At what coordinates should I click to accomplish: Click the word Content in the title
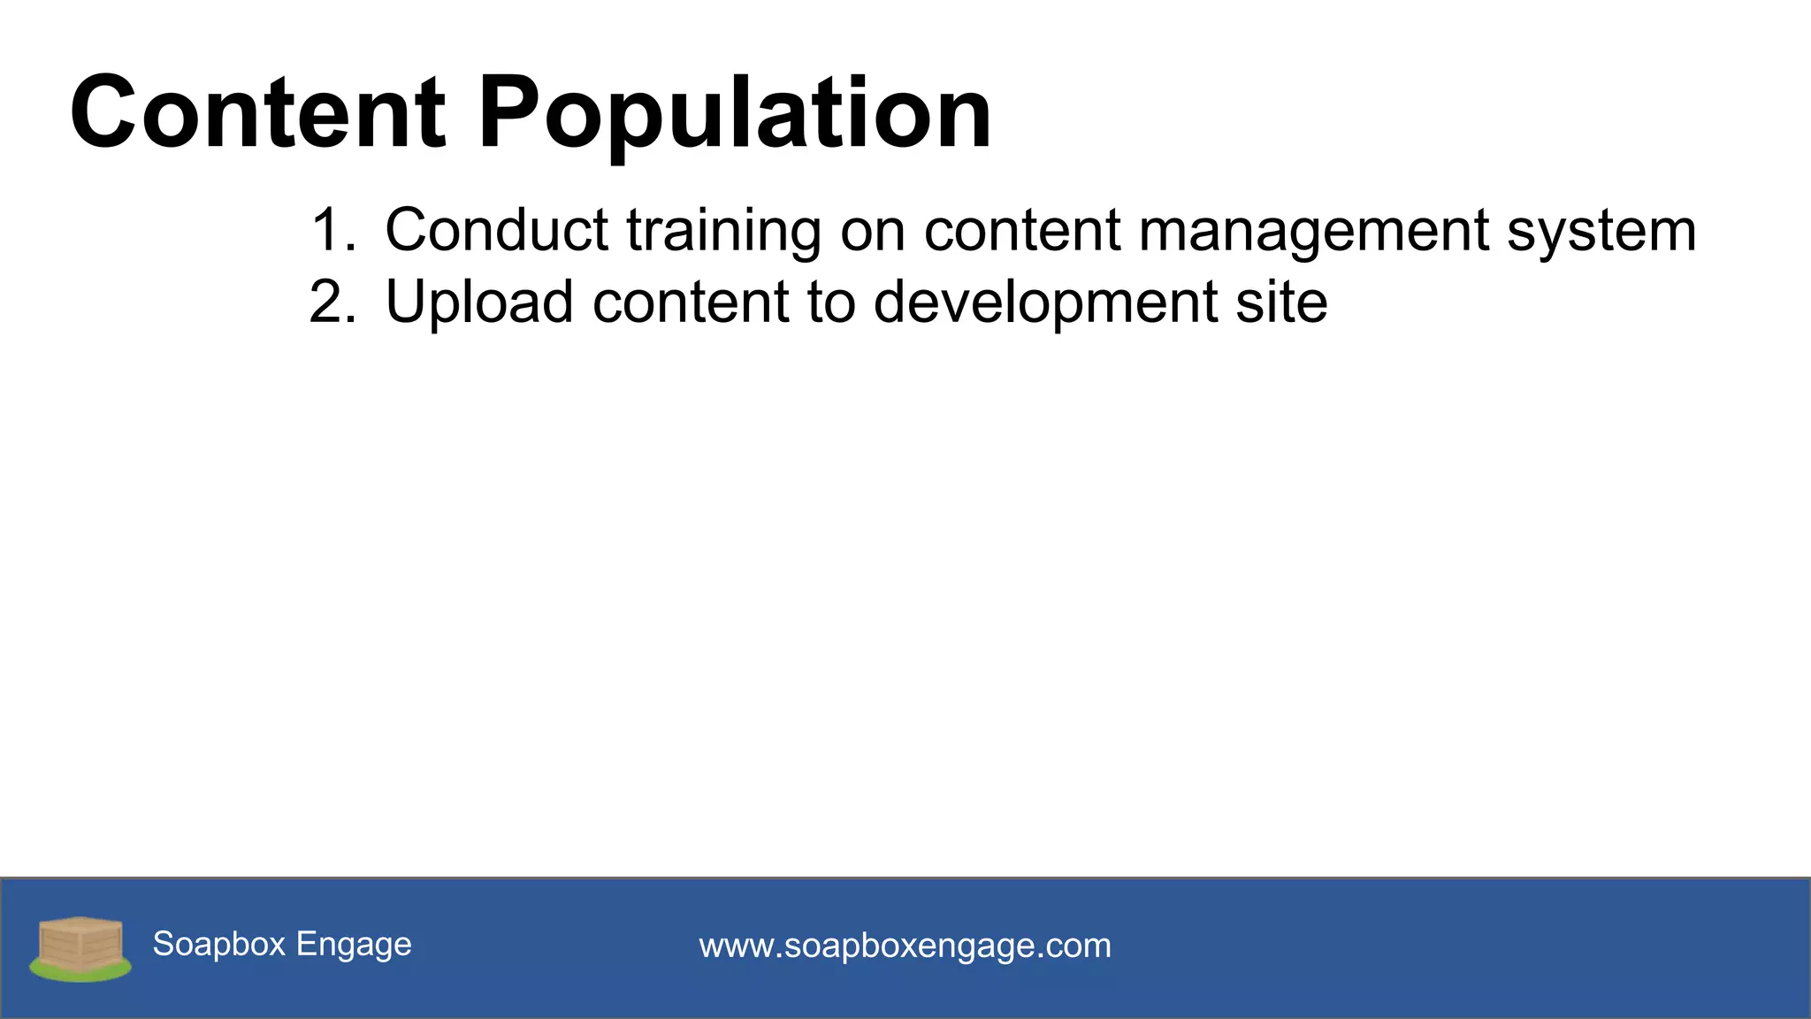click(257, 113)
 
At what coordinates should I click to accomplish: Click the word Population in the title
click(734, 113)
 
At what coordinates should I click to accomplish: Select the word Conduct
click(496, 231)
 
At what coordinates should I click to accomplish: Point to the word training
click(723, 231)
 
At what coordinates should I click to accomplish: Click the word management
click(1312, 231)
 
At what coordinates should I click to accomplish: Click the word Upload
click(479, 303)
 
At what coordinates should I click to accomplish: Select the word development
click(1044, 303)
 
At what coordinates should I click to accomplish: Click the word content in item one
click(1021, 231)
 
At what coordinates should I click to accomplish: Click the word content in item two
click(690, 303)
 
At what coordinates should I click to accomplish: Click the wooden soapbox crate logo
click(80, 943)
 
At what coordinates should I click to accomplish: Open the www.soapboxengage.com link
click(905, 946)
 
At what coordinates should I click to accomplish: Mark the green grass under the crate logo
click(80, 973)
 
